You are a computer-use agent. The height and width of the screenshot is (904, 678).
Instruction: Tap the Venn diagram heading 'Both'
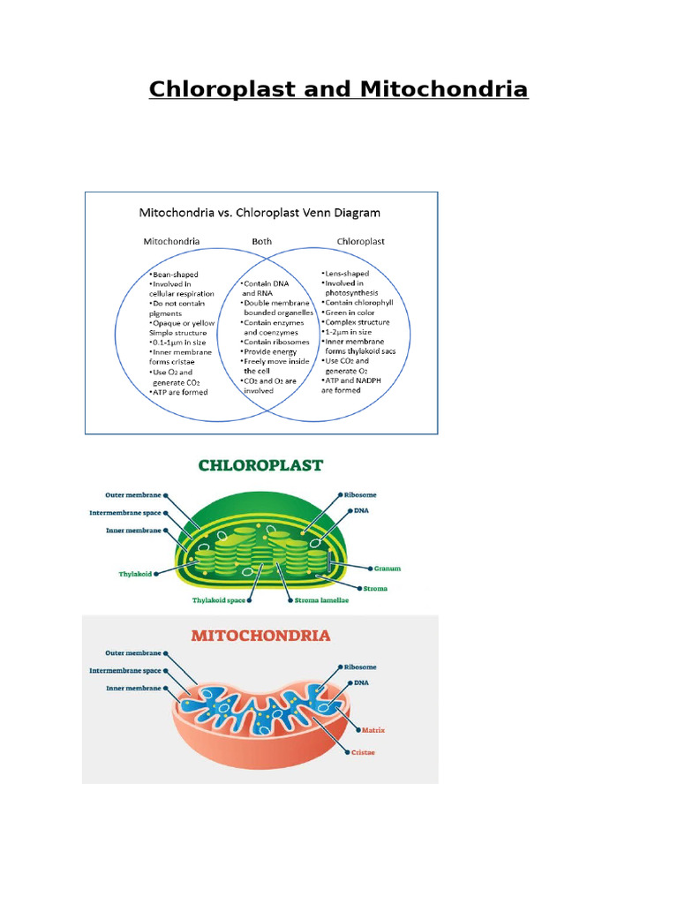click(262, 241)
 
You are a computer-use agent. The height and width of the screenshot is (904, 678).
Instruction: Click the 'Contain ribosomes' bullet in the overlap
click(276, 342)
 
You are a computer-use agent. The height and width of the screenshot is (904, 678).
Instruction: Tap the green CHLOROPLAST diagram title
click(260, 465)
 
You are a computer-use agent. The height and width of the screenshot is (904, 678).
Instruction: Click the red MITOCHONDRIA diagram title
click(261, 636)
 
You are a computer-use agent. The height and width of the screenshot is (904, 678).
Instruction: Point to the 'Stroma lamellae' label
click(321, 600)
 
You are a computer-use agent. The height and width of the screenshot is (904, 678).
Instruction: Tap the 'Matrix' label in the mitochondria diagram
click(374, 730)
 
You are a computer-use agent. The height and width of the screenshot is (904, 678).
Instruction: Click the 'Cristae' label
click(362, 752)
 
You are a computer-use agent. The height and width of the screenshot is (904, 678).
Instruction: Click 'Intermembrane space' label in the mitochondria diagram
click(126, 670)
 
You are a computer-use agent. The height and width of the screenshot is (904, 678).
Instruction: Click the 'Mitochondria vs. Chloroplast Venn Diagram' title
click(260, 213)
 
